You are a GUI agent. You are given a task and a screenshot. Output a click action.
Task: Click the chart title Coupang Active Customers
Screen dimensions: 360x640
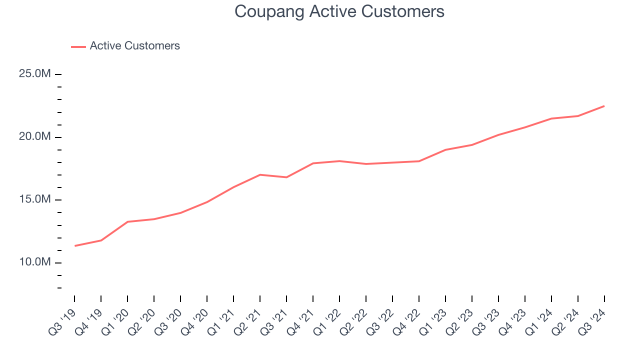(x=339, y=11)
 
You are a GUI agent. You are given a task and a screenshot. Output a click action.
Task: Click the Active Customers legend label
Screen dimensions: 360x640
(x=134, y=46)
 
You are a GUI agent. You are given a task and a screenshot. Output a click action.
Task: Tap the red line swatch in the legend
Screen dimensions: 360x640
(x=78, y=46)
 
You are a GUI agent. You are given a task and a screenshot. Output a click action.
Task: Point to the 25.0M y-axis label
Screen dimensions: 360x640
(x=35, y=74)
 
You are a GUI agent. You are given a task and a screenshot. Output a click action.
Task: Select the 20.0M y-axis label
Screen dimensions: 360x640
(x=35, y=137)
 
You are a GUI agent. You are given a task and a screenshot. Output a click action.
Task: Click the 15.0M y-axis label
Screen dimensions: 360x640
(x=35, y=199)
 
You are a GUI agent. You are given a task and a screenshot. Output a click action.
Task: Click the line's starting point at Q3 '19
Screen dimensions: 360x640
(x=74, y=245)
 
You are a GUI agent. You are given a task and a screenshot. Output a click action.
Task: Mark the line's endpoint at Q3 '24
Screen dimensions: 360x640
(x=604, y=106)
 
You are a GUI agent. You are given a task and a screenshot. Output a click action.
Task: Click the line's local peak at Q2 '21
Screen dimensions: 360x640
(x=260, y=174)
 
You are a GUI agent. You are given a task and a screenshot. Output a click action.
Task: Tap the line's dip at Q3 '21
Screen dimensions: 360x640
(x=286, y=177)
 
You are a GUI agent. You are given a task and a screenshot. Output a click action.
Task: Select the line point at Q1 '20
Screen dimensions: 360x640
(x=127, y=221)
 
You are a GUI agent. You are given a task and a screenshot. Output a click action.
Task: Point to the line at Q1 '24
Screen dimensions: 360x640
(x=551, y=118)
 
